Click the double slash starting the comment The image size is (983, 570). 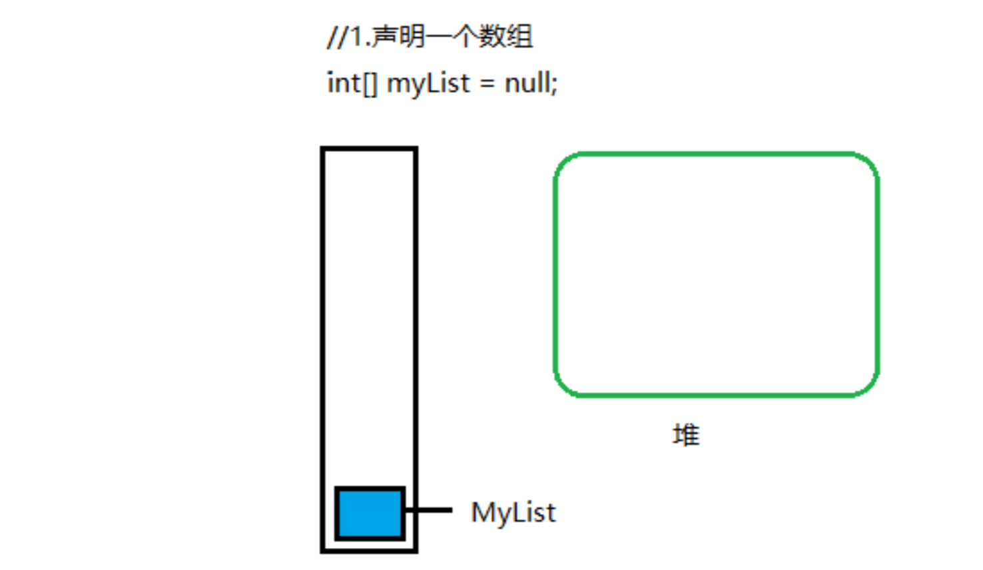(337, 37)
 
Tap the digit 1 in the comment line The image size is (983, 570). (356, 37)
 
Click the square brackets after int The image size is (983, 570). (370, 84)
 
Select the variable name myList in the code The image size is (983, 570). (428, 85)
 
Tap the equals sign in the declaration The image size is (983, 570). (488, 85)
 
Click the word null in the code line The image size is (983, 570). (527, 83)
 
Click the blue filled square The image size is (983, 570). (370, 513)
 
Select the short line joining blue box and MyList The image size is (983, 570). (429, 510)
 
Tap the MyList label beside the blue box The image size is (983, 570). (513, 513)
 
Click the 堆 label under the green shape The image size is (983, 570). (686, 435)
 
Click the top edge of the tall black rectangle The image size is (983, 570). (370, 149)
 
